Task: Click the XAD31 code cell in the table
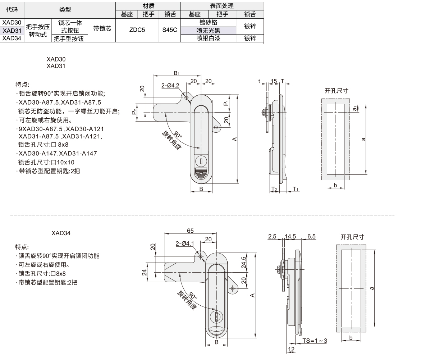tap(12, 30)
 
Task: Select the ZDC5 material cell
tap(137, 30)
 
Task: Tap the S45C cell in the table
tap(170, 30)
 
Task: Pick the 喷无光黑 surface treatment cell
tap(208, 31)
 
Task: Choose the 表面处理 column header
tap(222, 6)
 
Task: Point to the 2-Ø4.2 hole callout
tap(170, 86)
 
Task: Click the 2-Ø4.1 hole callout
tap(185, 243)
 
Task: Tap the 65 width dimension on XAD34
tap(190, 230)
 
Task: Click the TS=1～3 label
tap(315, 340)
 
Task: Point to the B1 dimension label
tap(176, 73)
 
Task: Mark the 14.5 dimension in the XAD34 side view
tap(290, 236)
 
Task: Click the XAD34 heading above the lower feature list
tap(61, 233)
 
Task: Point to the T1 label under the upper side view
tap(296, 189)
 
